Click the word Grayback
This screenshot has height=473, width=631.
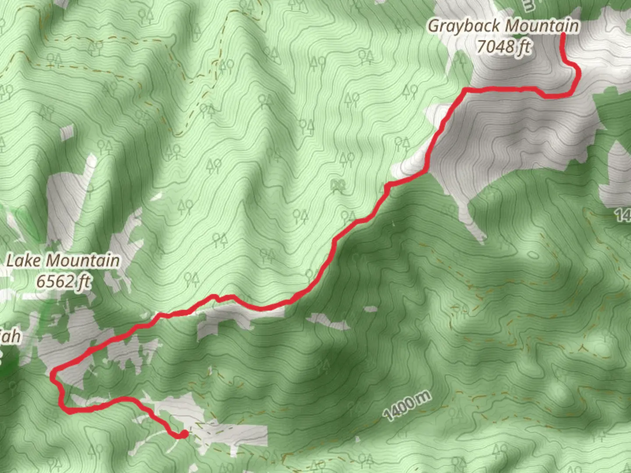(x=464, y=26)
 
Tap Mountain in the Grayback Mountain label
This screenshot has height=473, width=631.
(x=542, y=26)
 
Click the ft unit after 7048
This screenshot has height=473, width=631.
(x=523, y=46)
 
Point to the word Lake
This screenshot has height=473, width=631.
(x=23, y=261)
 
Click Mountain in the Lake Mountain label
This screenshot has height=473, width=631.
(x=83, y=261)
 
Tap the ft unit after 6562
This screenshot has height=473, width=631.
(x=83, y=281)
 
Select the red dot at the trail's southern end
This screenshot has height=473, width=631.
(x=184, y=434)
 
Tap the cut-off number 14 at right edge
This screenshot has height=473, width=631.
(x=623, y=215)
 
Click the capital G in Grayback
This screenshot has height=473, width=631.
(x=434, y=26)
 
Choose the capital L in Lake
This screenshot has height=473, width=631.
(x=11, y=261)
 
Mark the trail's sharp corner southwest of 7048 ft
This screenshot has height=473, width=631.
(x=466, y=91)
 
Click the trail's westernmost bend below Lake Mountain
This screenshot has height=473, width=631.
(x=53, y=375)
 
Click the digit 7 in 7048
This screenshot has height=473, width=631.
(x=481, y=46)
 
